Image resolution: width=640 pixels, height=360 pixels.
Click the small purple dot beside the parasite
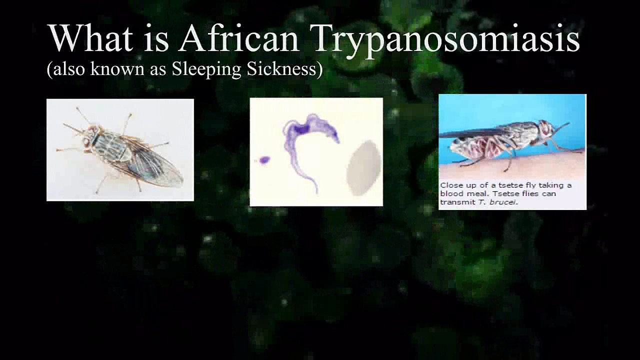(264, 160)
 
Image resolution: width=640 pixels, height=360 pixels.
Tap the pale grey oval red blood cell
(363, 167)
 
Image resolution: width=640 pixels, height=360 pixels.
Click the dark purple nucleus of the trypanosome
(301, 129)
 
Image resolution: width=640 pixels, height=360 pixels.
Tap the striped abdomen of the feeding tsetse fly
(475, 147)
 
